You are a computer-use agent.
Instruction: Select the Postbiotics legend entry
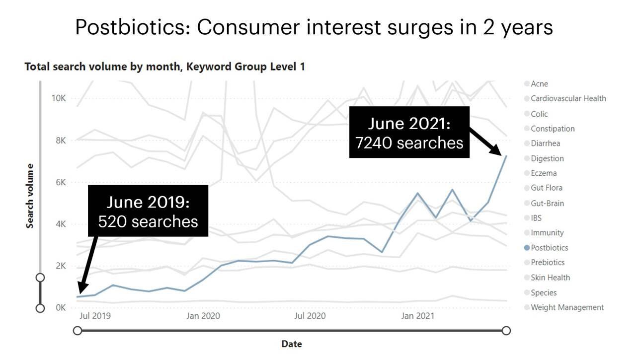pyautogui.click(x=549, y=248)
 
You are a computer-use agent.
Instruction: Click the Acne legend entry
pyautogui.click(x=539, y=84)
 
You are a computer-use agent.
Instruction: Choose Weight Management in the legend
pyautogui.click(x=567, y=307)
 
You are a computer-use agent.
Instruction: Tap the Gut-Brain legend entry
pyautogui.click(x=547, y=203)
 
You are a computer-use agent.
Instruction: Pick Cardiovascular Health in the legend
pyautogui.click(x=568, y=99)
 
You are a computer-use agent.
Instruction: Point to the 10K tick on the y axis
pyautogui.click(x=59, y=98)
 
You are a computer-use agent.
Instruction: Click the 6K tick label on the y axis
pyautogui.click(x=60, y=182)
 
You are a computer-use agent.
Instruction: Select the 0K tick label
pyautogui.click(x=60, y=308)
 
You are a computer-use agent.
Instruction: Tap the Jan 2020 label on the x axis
pyautogui.click(x=203, y=316)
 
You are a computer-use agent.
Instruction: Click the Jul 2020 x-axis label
pyautogui.click(x=310, y=316)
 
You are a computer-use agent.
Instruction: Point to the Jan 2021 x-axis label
pyautogui.click(x=417, y=316)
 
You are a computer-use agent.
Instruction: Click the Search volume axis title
pyautogui.click(x=30, y=196)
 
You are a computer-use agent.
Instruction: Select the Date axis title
pyautogui.click(x=292, y=344)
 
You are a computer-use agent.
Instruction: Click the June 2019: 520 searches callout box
pyautogui.click(x=148, y=211)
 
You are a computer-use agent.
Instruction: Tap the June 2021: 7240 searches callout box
pyautogui.click(x=409, y=133)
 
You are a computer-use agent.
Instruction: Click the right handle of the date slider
pyautogui.click(x=506, y=331)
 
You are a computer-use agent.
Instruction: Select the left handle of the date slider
pyautogui.click(x=78, y=331)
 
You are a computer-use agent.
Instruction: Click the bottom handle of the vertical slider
pyautogui.click(x=41, y=308)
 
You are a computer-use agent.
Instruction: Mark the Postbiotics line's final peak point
pyautogui.click(x=506, y=155)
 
